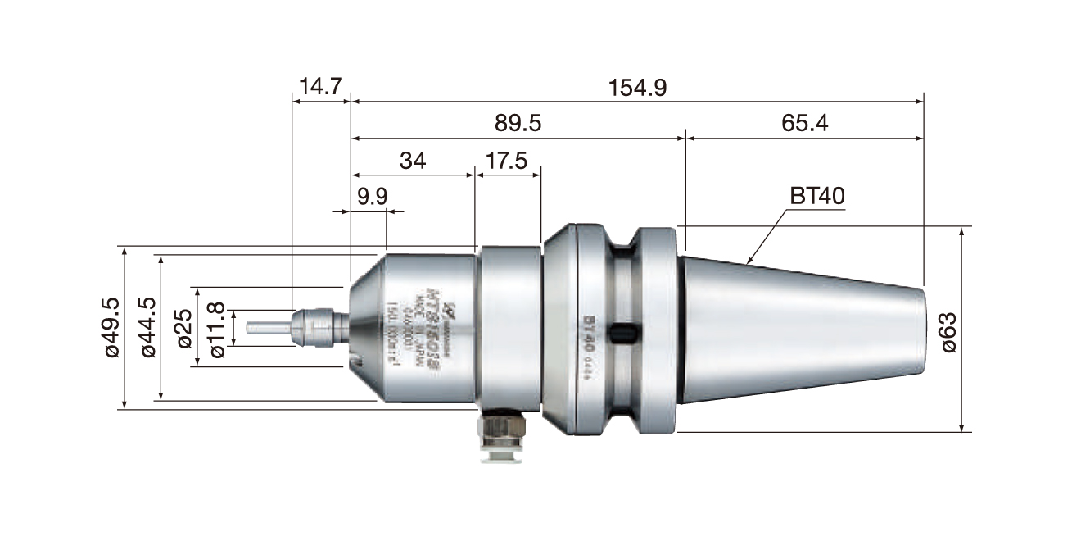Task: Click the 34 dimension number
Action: tap(413, 161)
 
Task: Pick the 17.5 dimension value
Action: tap(507, 161)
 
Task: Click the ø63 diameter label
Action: tap(949, 331)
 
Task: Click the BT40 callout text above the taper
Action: tap(816, 197)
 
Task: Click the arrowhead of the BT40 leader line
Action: tap(749, 261)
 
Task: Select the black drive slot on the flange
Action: tap(626, 333)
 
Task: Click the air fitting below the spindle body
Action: tap(500, 436)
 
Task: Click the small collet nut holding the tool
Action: tap(314, 325)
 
